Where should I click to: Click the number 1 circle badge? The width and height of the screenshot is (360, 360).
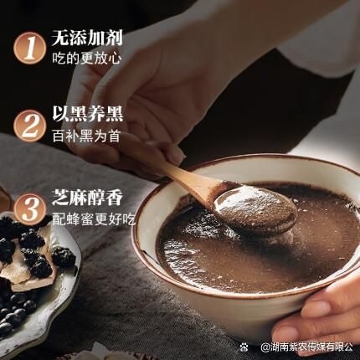click(x=29, y=48)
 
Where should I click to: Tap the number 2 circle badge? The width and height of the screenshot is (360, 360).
click(x=29, y=126)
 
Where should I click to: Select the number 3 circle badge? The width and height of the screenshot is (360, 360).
click(x=30, y=209)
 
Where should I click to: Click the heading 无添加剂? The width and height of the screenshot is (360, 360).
click(x=87, y=38)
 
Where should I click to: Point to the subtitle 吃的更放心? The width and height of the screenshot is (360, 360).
click(x=87, y=59)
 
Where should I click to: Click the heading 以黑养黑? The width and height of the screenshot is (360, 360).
click(x=88, y=115)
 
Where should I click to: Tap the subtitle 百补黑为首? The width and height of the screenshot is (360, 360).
click(x=86, y=136)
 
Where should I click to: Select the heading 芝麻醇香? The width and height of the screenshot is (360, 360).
click(x=87, y=198)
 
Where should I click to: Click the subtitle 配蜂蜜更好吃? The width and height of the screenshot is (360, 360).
click(x=94, y=219)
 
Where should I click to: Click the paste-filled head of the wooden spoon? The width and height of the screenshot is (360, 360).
click(x=255, y=207)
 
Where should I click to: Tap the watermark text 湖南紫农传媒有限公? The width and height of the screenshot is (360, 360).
click(x=306, y=347)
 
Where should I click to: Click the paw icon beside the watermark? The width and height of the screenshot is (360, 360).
click(x=244, y=347)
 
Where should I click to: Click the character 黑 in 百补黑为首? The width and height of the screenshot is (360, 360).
click(x=86, y=136)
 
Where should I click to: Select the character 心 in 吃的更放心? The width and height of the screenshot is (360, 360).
click(x=116, y=59)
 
